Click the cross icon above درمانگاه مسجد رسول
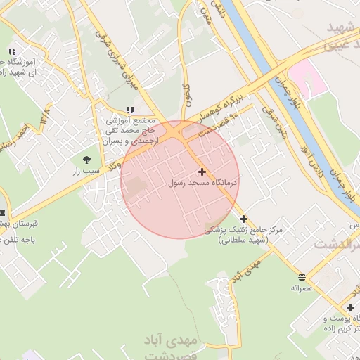pyautogui.click(x=202, y=172)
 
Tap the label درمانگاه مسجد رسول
pyautogui.click(x=204, y=182)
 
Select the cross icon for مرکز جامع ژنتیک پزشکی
pyautogui.click(x=244, y=219)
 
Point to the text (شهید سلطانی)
pyautogui.click(x=243, y=240)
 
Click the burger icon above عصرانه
pyautogui.click(x=302, y=276)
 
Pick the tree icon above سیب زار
pyautogui.click(x=87, y=160)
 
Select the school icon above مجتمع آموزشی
pyautogui.click(x=129, y=110)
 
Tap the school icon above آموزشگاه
pyautogui.click(x=12, y=51)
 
